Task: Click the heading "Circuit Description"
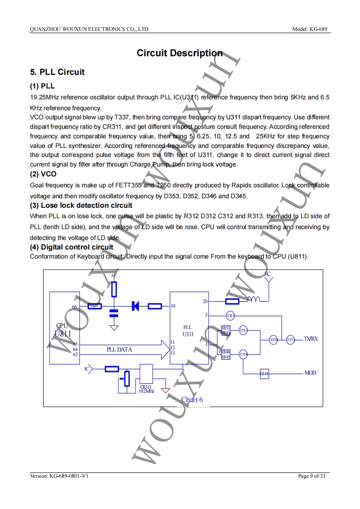[x=180, y=53]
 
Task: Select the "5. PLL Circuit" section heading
[x=57, y=72]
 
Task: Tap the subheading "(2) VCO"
[x=43, y=174]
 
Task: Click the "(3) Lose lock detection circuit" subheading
[x=81, y=206]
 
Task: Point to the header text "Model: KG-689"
[x=311, y=29]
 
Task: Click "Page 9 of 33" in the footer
[x=312, y=476]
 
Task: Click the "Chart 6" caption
[x=192, y=399]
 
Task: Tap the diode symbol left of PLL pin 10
[x=135, y=306]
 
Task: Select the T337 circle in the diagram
[x=230, y=315]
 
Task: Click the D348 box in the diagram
[x=264, y=374]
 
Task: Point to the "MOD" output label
[x=311, y=373]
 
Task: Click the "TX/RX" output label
[x=311, y=339]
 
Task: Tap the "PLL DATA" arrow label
[x=119, y=350]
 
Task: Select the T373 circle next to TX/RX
[x=291, y=340]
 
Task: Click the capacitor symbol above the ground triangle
[x=114, y=312]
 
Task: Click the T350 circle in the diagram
[x=243, y=354]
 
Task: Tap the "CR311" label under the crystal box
[x=146, y=387]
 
